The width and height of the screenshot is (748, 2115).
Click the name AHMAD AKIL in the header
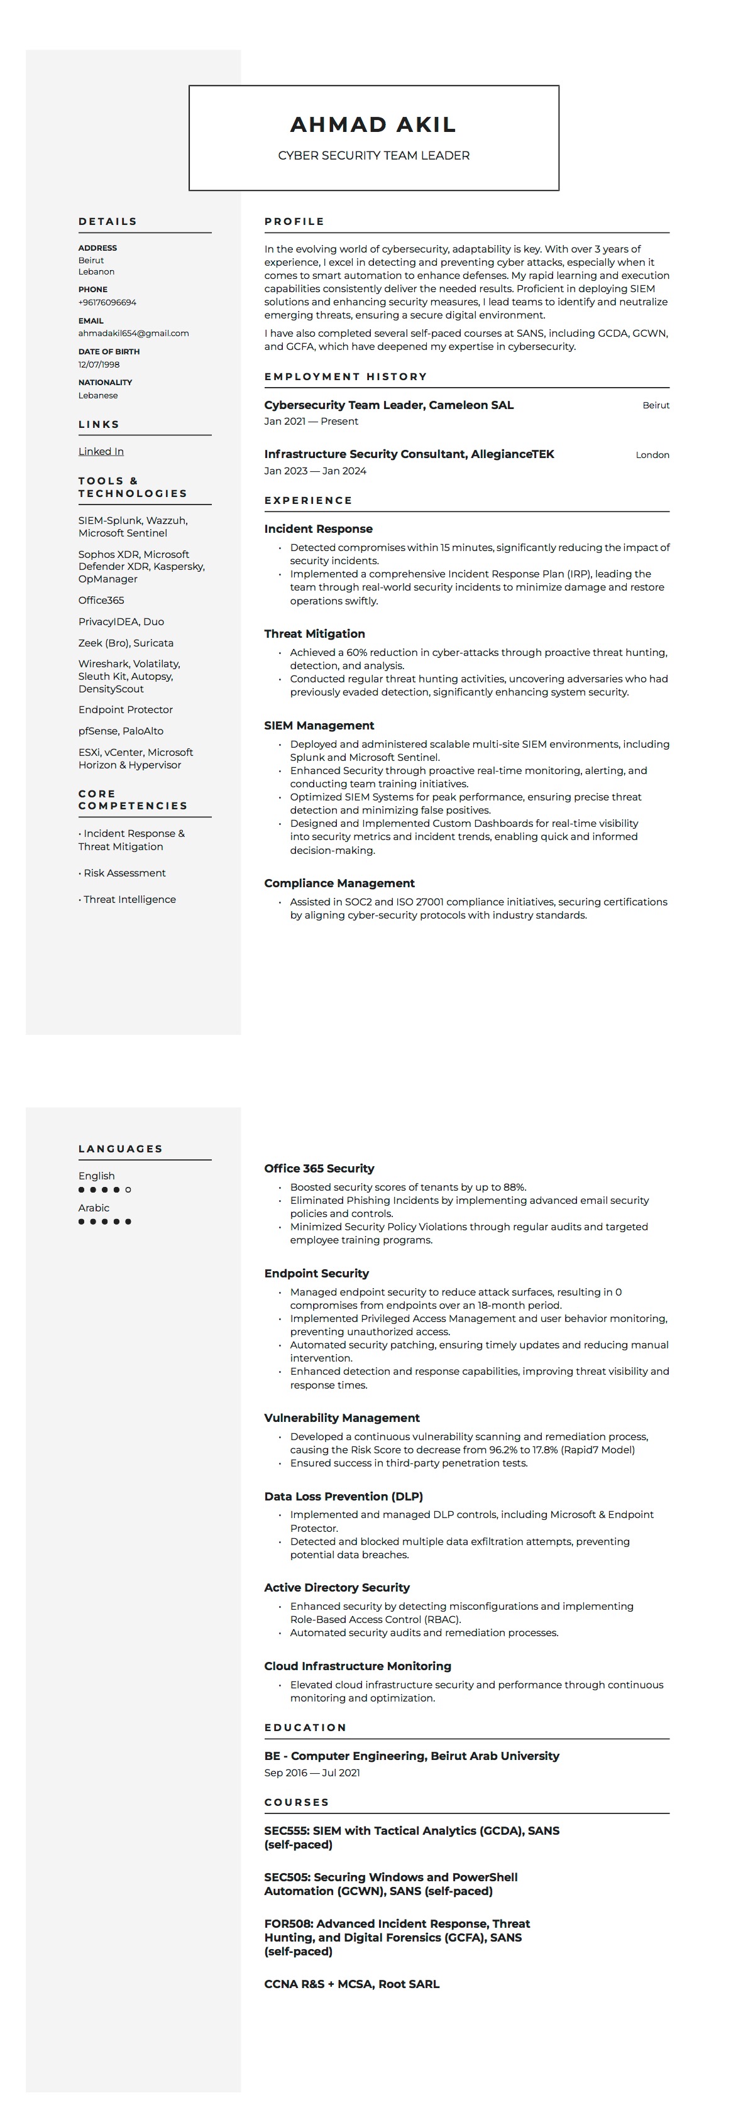pos(373,125)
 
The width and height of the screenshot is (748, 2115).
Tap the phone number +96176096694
pos(107,302)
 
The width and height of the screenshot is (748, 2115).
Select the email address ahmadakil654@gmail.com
pos(134,334)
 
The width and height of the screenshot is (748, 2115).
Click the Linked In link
pos(101,452)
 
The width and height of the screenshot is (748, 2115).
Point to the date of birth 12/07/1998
pos(99,364)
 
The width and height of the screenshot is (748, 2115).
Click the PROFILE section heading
pos(295,222)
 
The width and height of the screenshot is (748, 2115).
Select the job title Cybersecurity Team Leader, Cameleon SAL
pos(388,405)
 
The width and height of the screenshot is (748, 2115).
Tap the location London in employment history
pos(652,455)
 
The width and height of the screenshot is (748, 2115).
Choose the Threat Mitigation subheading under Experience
pos(314,634)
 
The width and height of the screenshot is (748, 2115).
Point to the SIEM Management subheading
pos(319,726)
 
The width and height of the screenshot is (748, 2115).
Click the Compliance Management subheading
pos(339,883)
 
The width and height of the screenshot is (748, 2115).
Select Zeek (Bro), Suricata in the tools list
pos(126,643)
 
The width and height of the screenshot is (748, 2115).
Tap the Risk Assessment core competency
pos(124,873)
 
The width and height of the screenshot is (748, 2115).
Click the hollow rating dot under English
pos(128,1189)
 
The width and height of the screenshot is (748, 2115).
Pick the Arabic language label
pos(94,1208)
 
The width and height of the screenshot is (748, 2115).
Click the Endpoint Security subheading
pos(316,1274)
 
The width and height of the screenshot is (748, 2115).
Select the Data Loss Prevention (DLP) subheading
pos(343,1497)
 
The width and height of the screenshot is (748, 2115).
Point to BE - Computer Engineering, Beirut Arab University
pos(411,1756)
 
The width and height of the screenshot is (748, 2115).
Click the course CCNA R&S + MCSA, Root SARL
pos(351,1984)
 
